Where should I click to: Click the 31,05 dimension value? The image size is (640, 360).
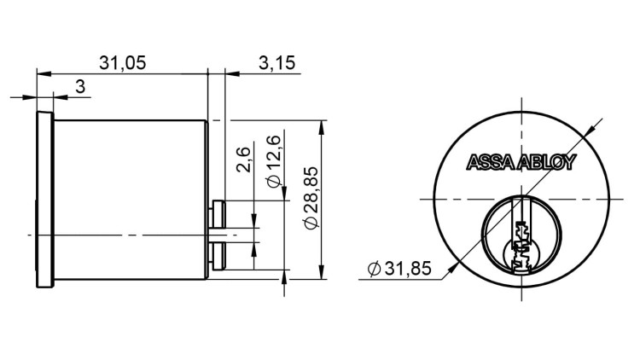coord(123,63)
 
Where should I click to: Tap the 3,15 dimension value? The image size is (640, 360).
coord(276,63)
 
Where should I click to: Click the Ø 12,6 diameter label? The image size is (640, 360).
coord(274,160)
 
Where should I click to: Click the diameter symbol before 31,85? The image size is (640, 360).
coord(373,270)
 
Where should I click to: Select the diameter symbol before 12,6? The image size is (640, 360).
coord(274,181)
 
